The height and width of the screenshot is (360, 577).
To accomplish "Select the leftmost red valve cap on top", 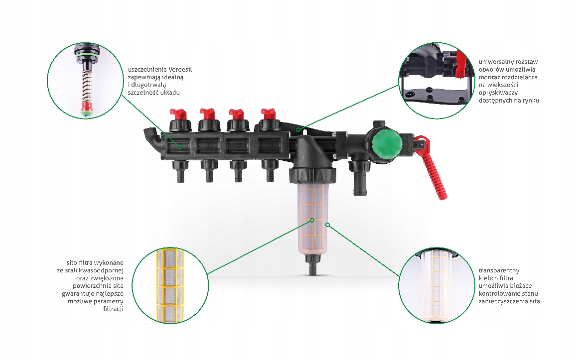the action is pyautogui.click(x=178, y=114).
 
